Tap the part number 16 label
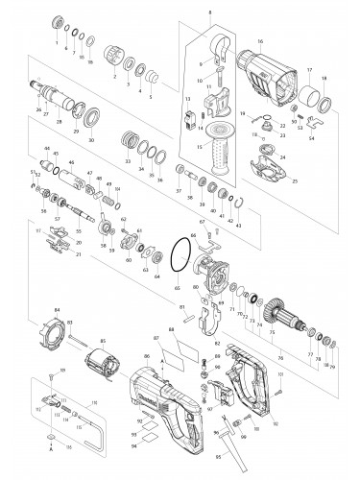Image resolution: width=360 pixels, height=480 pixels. [260, 42]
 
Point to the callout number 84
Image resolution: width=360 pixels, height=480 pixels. [58, 309]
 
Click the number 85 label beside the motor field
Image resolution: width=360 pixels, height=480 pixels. [103, 340]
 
